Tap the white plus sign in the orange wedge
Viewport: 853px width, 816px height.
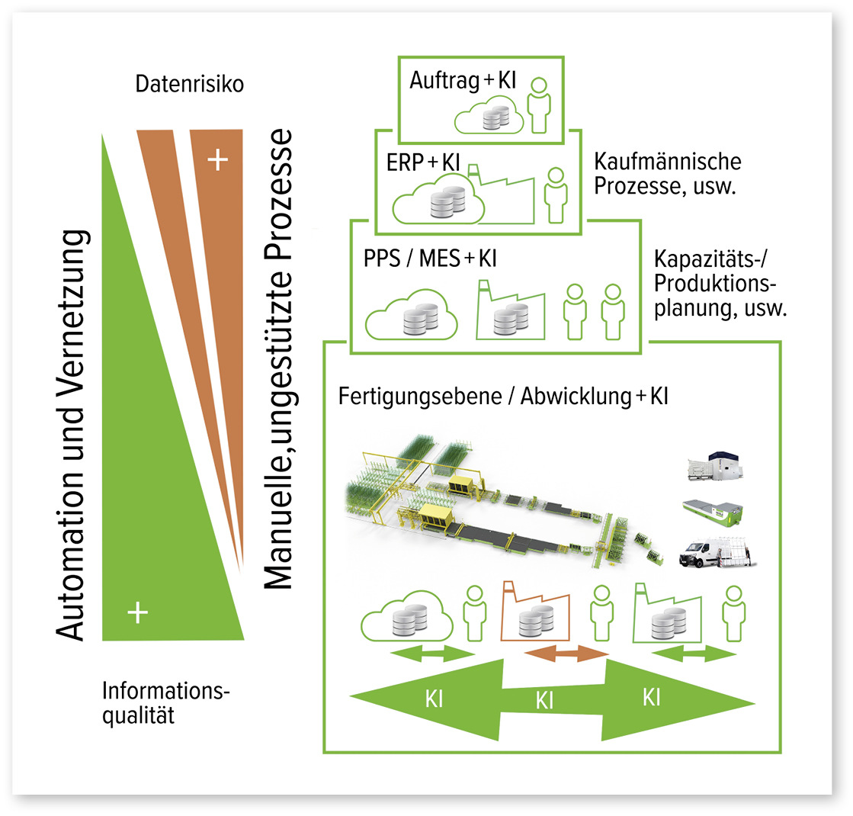pyautogui.click(x=218, y=160)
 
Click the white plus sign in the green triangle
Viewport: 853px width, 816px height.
pyautogui.click(x=137, y=612)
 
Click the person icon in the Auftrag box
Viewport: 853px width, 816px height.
pyautogui.click(x=540, y=103)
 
